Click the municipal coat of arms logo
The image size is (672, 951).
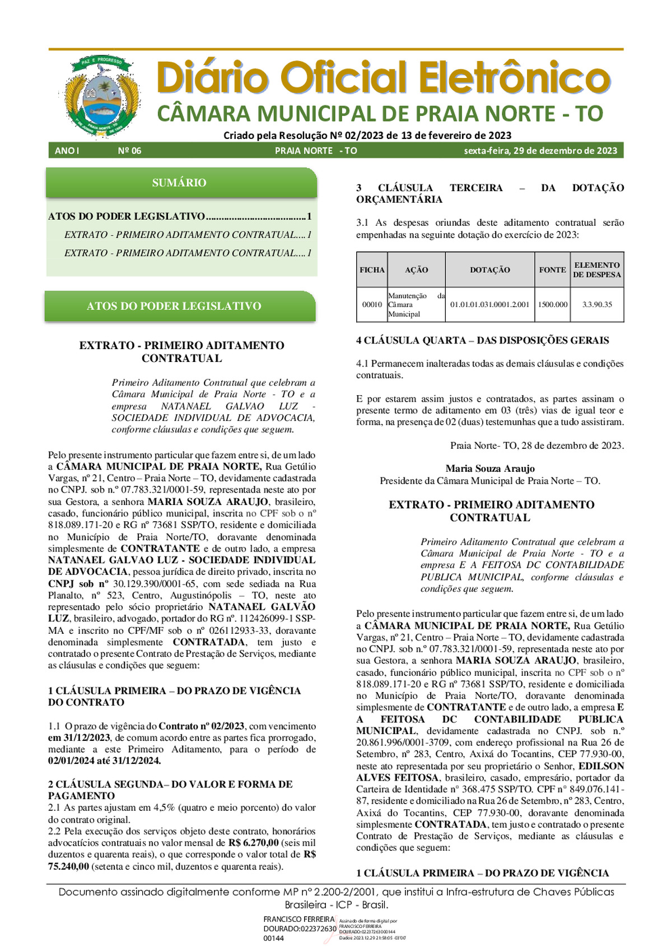101,96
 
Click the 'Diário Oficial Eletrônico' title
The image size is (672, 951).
382,78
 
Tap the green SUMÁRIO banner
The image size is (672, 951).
180,183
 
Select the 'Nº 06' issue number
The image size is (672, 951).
129,151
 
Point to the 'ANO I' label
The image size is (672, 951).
67,151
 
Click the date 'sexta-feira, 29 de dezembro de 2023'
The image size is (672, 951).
540,151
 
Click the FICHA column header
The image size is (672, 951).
372,270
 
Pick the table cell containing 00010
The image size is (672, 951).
372,305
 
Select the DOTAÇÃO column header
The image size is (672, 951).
489,270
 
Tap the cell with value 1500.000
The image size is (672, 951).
552,305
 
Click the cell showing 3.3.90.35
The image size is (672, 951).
596,305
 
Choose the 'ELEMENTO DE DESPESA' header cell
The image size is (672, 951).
596,270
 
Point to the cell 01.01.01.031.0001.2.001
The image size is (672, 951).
489,305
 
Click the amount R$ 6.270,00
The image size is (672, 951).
253,843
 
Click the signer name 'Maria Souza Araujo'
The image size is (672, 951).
490,468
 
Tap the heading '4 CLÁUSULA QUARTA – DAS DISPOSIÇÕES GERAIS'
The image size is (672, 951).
482,340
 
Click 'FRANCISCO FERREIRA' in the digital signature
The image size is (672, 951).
298,919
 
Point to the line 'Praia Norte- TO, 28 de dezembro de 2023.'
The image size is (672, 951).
536,446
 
